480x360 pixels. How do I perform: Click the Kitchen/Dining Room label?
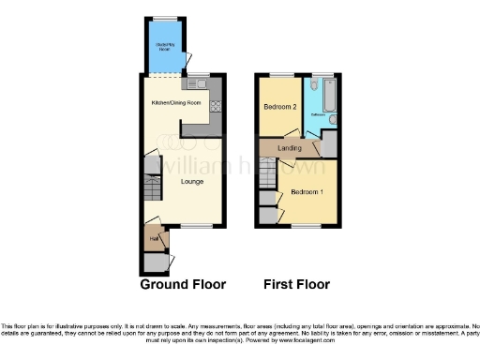[177, 102]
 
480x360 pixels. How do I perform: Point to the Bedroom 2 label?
[279, 107]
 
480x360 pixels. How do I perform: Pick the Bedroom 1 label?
[307, 192]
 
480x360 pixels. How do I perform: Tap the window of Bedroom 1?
[306, 226]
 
